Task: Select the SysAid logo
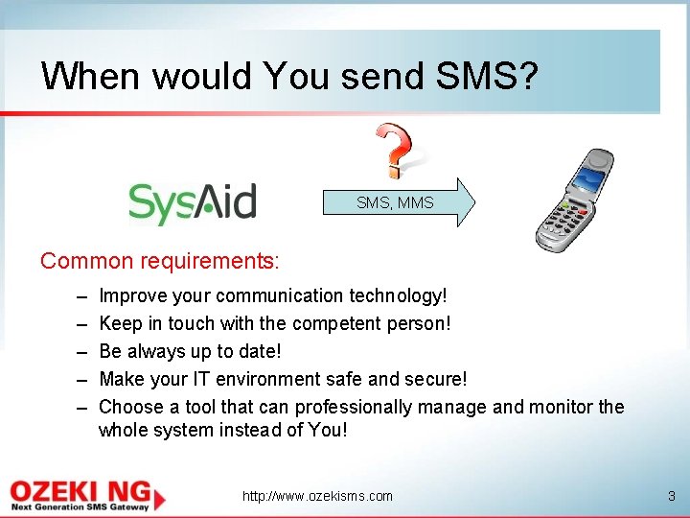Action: coord(193,202)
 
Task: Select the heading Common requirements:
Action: coord(160,261)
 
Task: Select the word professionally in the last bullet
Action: coord(345,407)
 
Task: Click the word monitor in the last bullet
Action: coord(560,407)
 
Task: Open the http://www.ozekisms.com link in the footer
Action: coord(317,496)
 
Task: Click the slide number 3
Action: coord(671,496)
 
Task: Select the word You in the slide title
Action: coord(295,75)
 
